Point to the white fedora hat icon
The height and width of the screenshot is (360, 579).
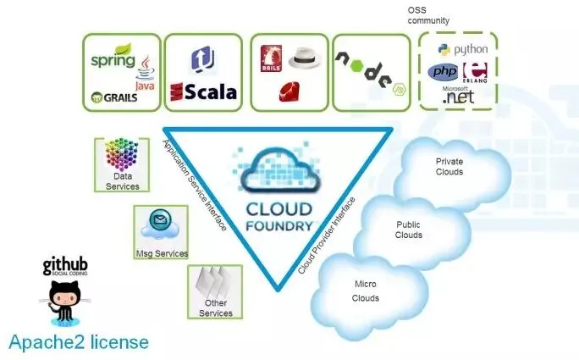[303, 58]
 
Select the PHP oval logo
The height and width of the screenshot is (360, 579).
[443, 72]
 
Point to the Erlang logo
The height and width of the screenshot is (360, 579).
[478, 73]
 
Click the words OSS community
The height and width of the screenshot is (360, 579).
[427, 15]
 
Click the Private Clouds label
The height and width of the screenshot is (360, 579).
[449, 166]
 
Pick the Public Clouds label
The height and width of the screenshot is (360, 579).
[409, 230]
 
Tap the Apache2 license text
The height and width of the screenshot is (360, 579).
[79, 342]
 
